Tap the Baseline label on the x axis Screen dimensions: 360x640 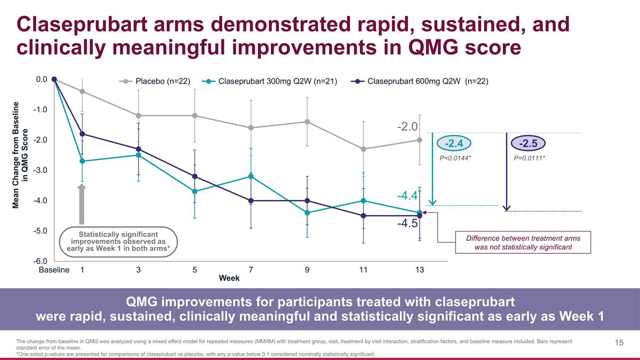tap(54, 270)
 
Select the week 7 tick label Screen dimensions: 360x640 tap(251, 270)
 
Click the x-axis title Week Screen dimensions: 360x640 tap(229, 278)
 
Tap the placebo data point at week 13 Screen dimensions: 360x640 tap(420, 140)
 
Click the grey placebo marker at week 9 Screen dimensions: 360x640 tap(307, 122)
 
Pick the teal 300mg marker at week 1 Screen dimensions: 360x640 tap(82, 161)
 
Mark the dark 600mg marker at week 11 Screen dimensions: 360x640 tap(363, 215)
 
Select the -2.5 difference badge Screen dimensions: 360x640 tap(527, 143)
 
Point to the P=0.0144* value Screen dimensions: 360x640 tap(454, 159)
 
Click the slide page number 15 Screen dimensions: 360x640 tap(619, 343)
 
